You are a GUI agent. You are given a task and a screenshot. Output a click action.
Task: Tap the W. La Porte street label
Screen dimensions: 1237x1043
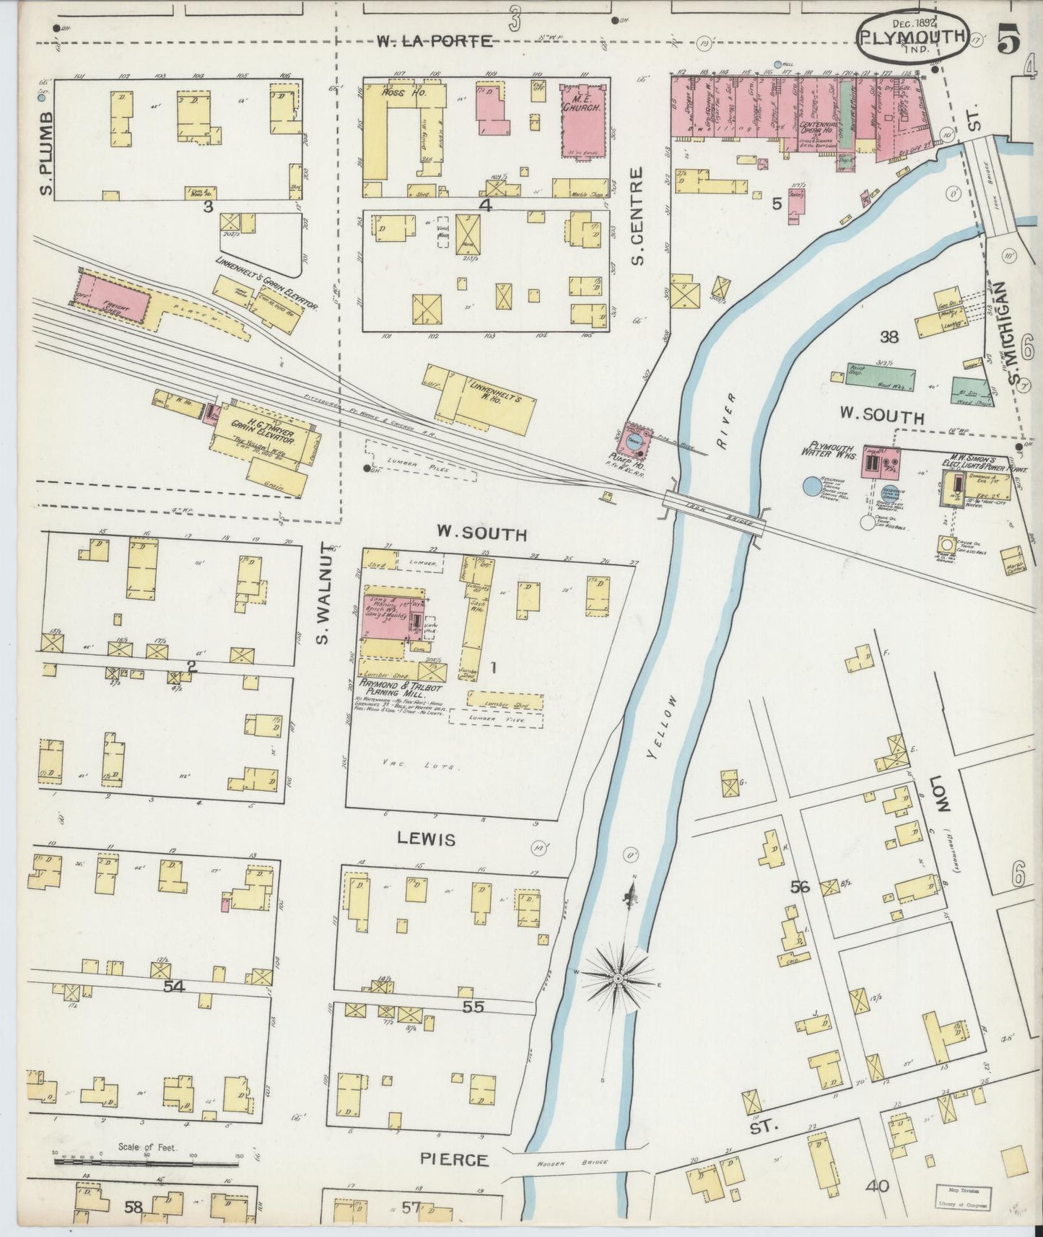click(x=434, y=42)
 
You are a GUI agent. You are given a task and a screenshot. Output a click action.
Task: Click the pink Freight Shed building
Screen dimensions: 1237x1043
click(x=113, y=297)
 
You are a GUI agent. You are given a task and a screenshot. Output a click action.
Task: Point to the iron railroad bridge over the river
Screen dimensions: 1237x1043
click(x=713, y=514)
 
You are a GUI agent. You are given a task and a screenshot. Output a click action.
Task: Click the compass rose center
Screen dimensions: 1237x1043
click(x=618, y=977)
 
